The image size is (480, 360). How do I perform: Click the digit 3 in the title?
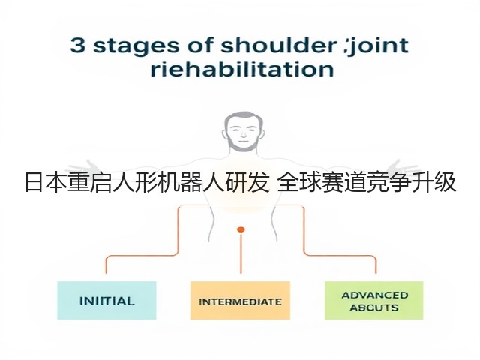(x=76, y=45)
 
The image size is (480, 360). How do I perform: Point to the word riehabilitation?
(x=242, y=69)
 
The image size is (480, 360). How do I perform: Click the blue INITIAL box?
(x=106, y=300)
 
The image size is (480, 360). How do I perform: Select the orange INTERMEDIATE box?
(x=240, y=300)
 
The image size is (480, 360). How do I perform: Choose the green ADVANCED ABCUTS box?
(x=373, y=300)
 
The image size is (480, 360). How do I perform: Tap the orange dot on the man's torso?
(x=241, y=229)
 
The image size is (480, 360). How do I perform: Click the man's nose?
(x=243, y=133)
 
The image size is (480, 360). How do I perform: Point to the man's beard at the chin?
(x=243, y=147)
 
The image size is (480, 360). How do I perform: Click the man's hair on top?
(x=243, y=115)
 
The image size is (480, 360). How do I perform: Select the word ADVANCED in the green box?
(x=375, y=295)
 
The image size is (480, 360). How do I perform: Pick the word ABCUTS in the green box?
(x=374, y=307)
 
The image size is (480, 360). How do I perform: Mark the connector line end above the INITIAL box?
(x=106, y=272)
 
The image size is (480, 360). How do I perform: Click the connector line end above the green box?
(x=376, y=272)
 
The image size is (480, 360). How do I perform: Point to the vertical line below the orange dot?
(x=241, y=253)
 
